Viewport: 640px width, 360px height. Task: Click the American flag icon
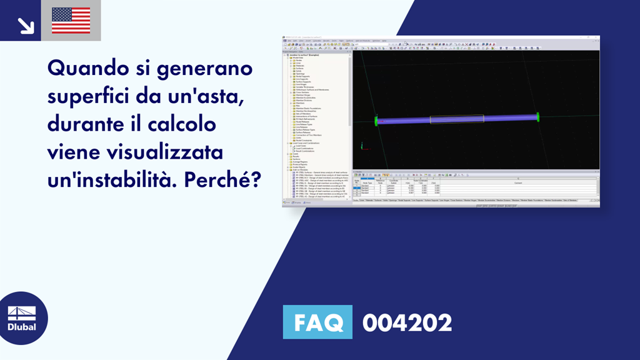(x=71, y=21)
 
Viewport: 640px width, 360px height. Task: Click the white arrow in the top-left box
(x=26, y=24)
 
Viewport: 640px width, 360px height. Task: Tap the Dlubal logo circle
(x=22, y=319)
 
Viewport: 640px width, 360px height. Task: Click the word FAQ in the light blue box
(x=317, y=323)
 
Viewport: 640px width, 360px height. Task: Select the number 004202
(x=407, y=323)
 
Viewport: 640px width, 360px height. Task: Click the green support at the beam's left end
(x=376, y=121)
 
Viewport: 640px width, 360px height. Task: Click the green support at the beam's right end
(x=537, y=116)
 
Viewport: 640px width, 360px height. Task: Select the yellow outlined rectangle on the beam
(x=456, y=119)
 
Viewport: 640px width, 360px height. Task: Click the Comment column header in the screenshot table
(x=518, y=182)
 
